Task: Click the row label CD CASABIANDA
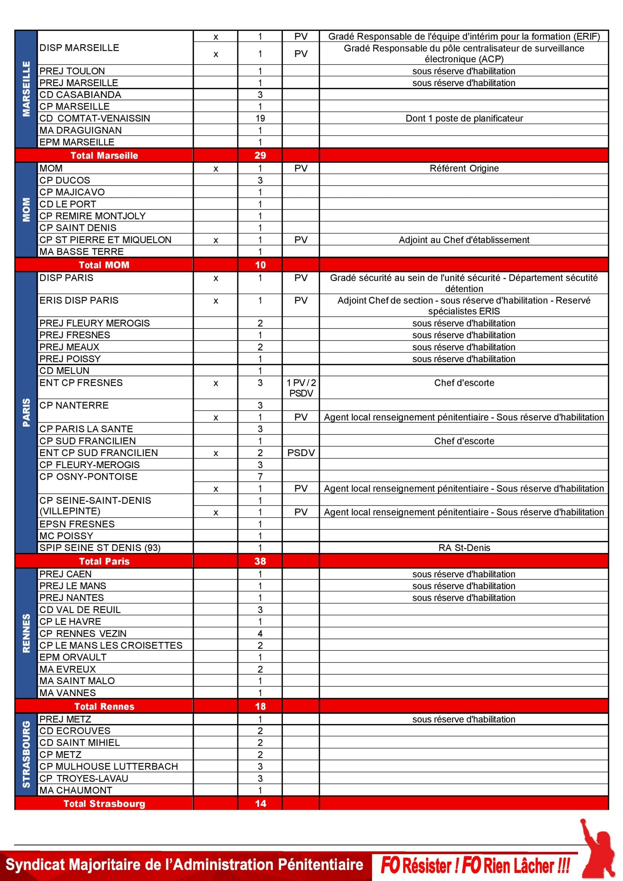80,94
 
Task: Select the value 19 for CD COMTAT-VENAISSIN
260,118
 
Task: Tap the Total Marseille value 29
260,156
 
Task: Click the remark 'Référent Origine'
464,168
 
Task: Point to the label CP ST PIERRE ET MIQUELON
105,240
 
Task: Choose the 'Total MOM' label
104,265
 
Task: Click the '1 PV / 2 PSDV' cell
301,388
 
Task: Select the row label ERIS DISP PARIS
79,300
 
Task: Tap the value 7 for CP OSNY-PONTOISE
260,477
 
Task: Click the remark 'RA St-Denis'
464,548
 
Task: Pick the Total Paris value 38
260,561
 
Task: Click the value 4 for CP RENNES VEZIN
260,634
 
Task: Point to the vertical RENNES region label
26,633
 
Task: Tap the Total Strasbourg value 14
260,804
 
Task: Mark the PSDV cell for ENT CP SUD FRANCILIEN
301,453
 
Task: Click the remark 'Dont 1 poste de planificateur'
464,118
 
